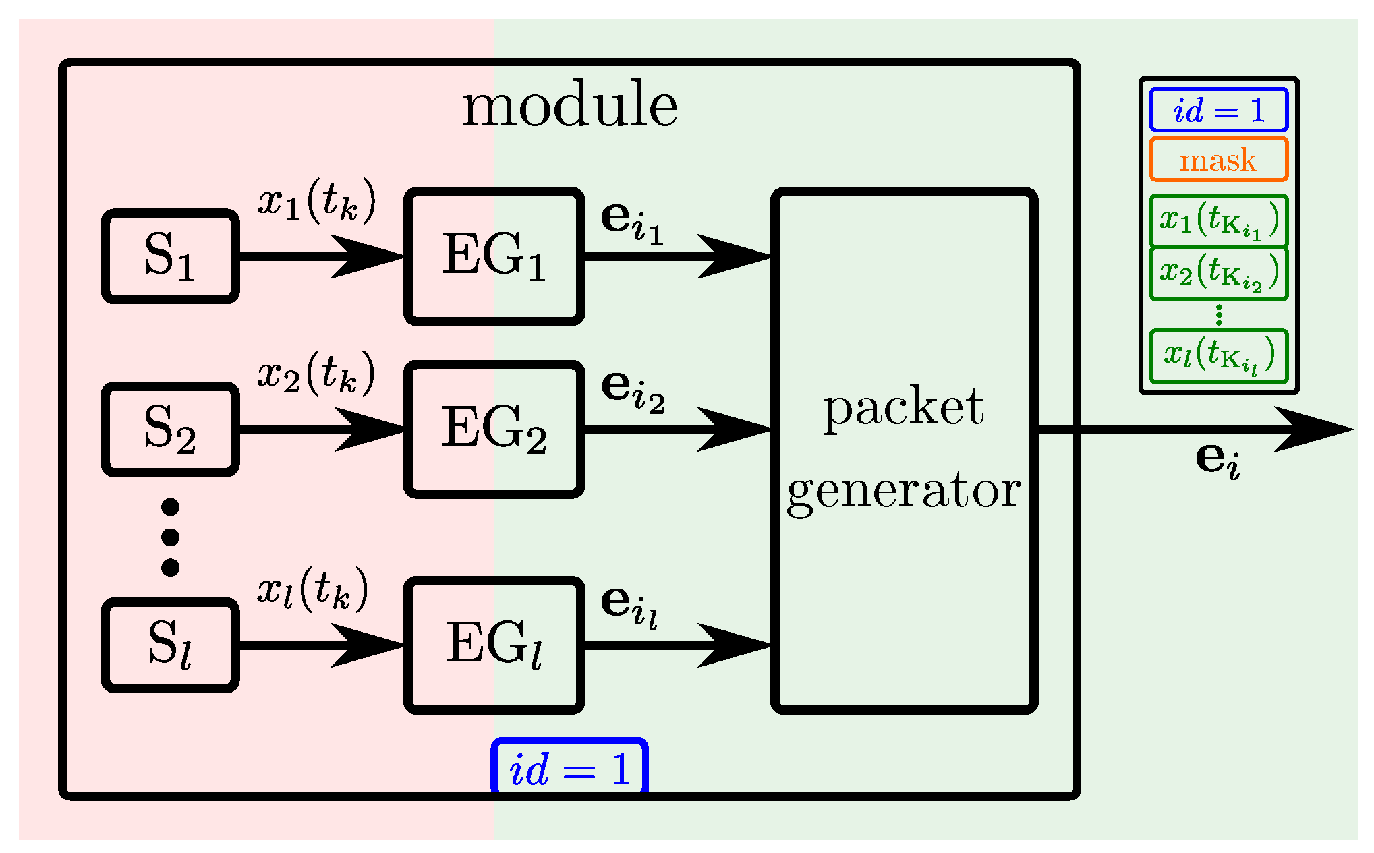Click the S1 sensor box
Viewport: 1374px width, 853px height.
click(x=170, y=256)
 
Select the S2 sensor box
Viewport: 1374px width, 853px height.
click(x=170, y=430)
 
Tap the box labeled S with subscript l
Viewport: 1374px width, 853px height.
click(x=170, y=645)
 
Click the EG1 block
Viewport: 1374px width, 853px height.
click(x=494, y=256)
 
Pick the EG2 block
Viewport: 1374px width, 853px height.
click(x=494, y=430)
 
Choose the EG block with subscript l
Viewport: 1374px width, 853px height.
click(x=494, y=645)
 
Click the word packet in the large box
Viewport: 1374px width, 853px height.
click(x=903, y=407)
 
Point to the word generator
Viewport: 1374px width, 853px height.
click(x=903, y=491)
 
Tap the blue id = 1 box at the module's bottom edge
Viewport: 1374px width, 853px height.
click(x=570, y=769)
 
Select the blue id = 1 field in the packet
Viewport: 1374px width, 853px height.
click(x=1219, y=110)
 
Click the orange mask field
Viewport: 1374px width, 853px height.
click(x=1219, y=160)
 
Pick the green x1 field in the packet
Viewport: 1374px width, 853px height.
click(x=1219, y=220)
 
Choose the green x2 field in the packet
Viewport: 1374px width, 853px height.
click(x=1219, y=273)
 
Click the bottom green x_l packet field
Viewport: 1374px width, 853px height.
click(x=1219, y=356)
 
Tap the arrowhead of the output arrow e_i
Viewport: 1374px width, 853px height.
click(x=1315, y=429)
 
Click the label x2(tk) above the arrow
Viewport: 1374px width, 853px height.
click(x=316, y=374)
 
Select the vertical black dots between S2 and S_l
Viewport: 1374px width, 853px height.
click(x=170, y=537)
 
